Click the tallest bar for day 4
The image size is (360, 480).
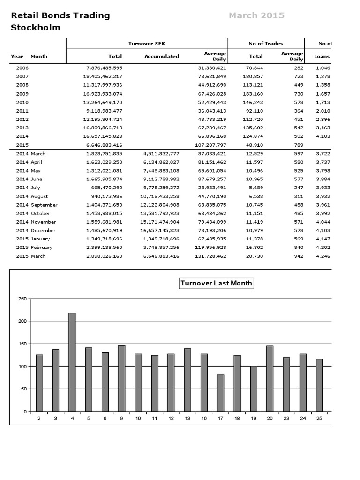click(72, 362)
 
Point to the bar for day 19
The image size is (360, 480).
click(253, 389)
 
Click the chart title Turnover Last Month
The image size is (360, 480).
click(216, 283)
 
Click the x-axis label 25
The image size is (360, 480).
click(319, 418)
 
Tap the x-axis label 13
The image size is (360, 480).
click(187, 418)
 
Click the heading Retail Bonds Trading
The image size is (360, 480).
click(60, 15)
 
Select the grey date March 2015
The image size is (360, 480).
click(256, 15)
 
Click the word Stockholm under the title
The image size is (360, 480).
click(36, 28)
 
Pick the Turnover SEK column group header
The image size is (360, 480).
click(147, 44)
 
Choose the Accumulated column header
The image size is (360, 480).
click(161, 56)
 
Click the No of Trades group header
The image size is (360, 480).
click(265, 44)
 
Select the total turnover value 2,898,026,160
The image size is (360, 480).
click(104, 256)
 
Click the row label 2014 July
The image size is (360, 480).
click(29, 187)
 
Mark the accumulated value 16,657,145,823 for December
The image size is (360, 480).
click(158, 231)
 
